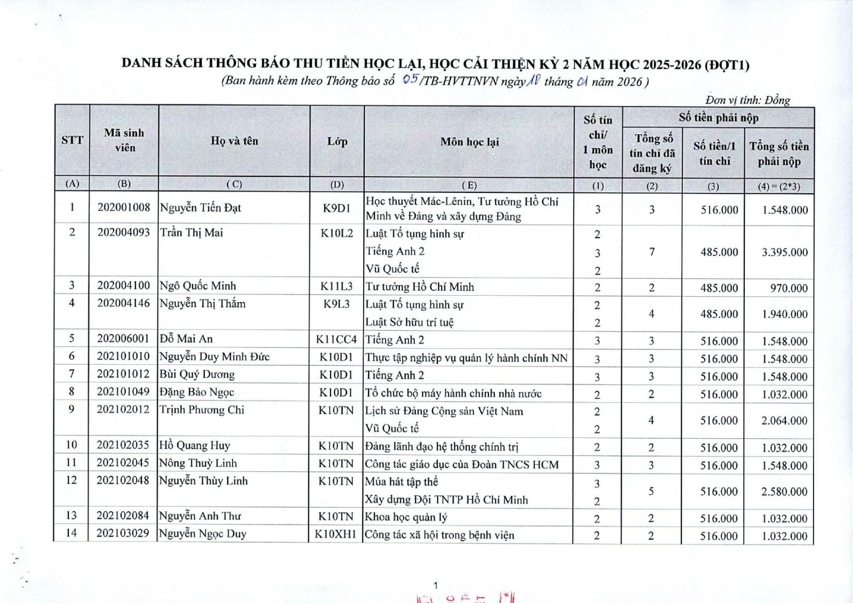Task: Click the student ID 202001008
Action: (124, 207)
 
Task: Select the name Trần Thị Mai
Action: (191, 233)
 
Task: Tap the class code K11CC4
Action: (336, 339)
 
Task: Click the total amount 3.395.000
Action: (784, 252)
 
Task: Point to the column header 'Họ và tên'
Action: (234, 141)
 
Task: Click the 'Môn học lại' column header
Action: (469, 142)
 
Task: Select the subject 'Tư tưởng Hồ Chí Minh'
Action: (420, 287)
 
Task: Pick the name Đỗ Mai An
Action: (186, 339)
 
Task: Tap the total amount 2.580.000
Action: (784, 491)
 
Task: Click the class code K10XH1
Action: (335, 534)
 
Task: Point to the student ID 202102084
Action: (123, 516)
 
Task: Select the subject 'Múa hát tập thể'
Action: (401, 482)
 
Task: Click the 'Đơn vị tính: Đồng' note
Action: (747, 100)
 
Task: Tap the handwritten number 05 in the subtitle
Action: (411, 80)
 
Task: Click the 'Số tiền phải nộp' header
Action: (718, 118)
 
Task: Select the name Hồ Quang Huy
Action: (195, 445)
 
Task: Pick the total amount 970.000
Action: (788, 288)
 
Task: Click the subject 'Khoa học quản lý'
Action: (406, 517)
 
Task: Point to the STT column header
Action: (72, 140)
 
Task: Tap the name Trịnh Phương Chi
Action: (202, 410)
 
